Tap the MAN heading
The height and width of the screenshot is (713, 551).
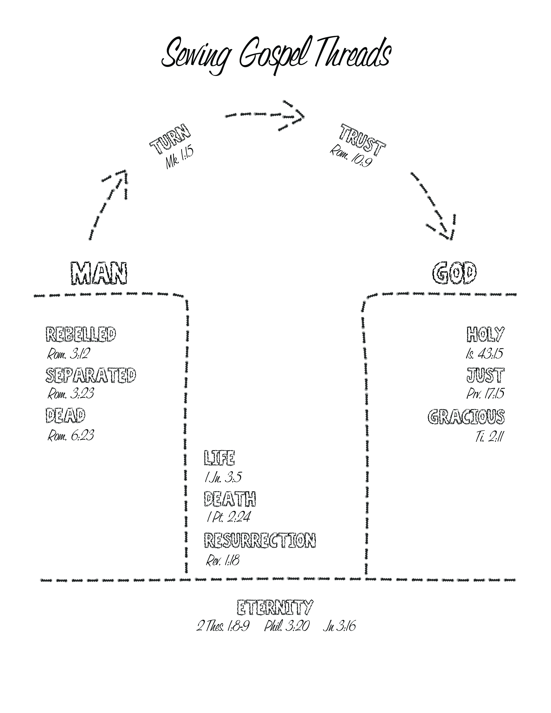coord(99,273)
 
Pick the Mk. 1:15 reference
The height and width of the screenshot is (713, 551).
coord(179,158)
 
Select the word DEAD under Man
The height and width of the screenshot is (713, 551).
coord(65,415)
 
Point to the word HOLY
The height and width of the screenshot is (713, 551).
coord(485,334)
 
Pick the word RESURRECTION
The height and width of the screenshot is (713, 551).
coord(260,540)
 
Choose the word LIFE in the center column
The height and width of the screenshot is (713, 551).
coord(219,457)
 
